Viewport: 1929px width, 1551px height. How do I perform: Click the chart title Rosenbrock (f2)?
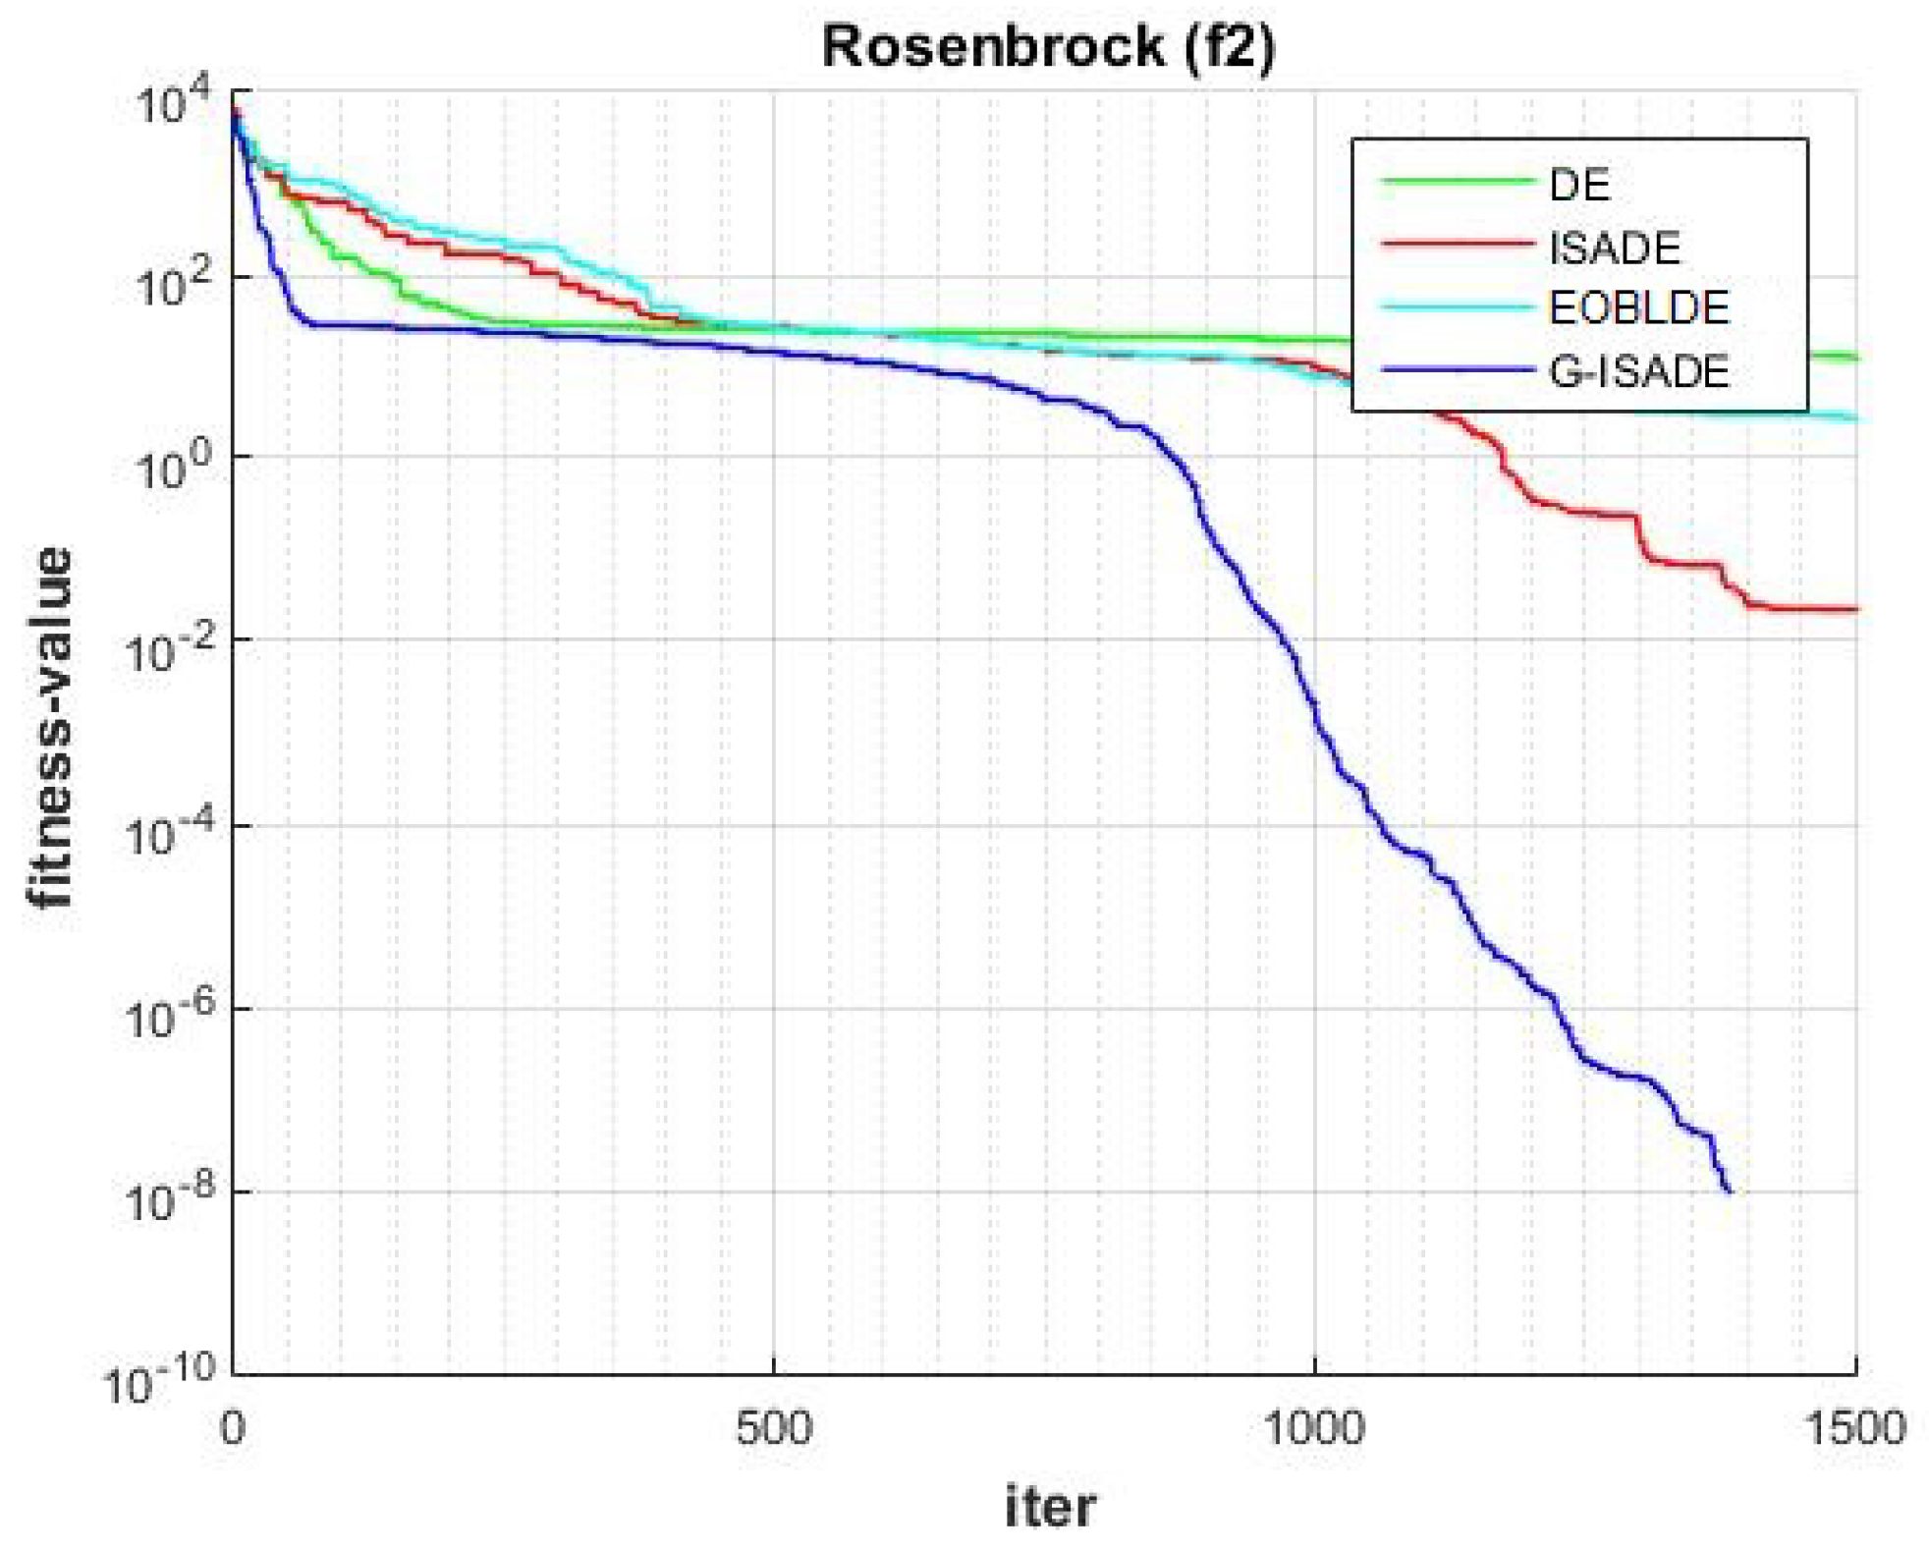coord(1047,46)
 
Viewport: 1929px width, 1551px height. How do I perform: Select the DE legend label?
coord(1579,185)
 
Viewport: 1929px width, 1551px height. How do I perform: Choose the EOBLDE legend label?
coord(1638,308)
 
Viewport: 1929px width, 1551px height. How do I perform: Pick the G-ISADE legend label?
coord(1638,371)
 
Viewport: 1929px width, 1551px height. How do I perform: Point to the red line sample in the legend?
coord(1457,244)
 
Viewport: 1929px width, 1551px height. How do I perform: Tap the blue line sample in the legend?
coord(1457,370)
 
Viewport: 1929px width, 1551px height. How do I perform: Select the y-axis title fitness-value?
coord(49,727)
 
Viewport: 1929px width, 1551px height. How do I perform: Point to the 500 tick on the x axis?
coord(774,1427)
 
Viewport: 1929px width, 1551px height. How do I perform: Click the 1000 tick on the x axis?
coord(1314,1427)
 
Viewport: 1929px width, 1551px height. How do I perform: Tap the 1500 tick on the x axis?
coord(1855,1427)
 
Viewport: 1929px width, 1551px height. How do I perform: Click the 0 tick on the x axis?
coord(233,1427)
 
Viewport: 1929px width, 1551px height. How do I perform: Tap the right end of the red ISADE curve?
coord(1855,609)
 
